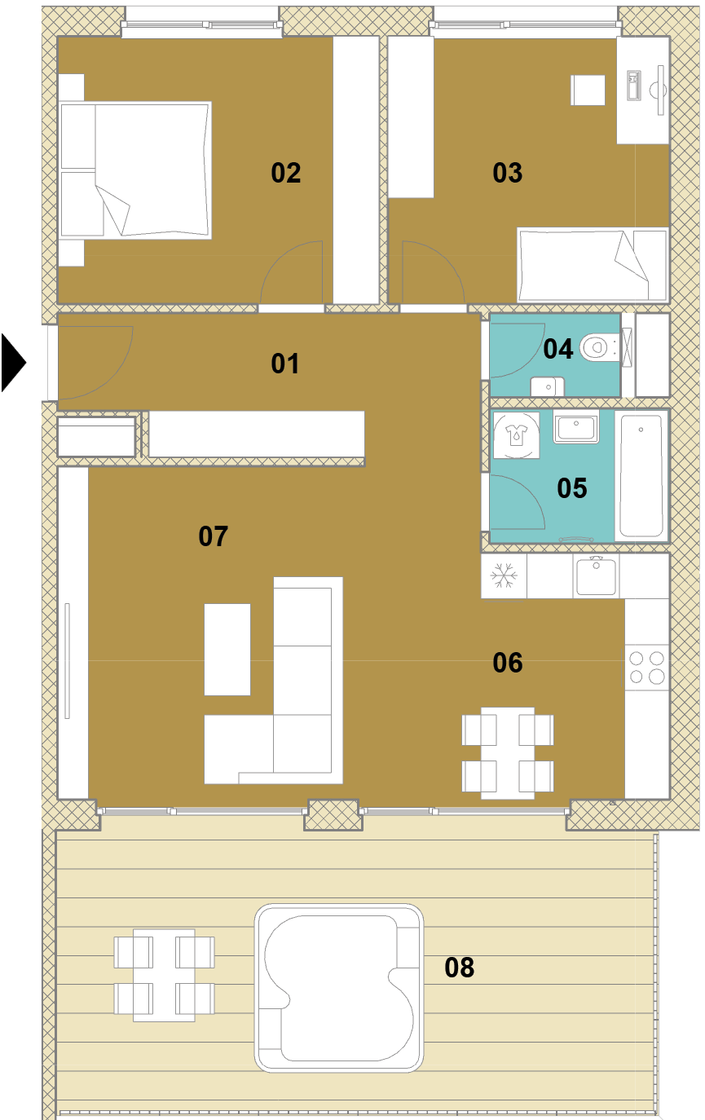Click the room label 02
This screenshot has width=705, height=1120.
tap(285, 173)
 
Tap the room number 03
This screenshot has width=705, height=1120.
tap(507, 173)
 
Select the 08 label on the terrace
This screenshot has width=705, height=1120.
tap(459, 967)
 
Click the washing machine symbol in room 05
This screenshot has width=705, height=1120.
tap(517, 435)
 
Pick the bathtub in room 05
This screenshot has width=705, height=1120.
tap(641, 475)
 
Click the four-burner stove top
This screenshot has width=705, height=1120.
tap(646, 668)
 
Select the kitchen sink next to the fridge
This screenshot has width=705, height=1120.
tap(596, 576)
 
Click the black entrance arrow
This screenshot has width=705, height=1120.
tap(13, 363)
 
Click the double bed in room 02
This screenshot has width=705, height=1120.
tap(135, 170)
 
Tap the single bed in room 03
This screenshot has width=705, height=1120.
tap(593, 265)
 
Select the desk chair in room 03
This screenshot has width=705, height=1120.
tap(588, 90)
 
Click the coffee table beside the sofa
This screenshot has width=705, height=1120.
tap(227, 650)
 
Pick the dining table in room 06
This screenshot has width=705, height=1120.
tap(508, 753)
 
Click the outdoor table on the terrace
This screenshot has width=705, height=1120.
tap(164, 975)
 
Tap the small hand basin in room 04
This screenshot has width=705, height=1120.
tap(548, 386)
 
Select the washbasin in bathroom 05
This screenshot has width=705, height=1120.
tap(576, 426)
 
